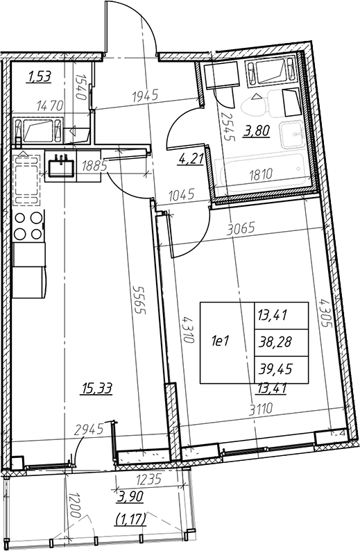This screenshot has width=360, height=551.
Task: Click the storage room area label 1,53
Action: [x=40, y=76]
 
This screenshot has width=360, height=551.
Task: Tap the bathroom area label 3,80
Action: [x=258, y=131]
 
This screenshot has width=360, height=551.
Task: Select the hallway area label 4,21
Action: [x=191, y=159]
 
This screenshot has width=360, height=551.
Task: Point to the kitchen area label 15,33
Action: [x=96, y=389]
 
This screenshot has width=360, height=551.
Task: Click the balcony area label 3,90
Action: [x=131, y=497]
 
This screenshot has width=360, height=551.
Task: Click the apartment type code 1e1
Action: [x=220, y=341]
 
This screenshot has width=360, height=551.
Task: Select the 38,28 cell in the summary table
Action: [x=275, y=342]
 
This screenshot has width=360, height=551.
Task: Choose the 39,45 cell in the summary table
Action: [x=275, y=369]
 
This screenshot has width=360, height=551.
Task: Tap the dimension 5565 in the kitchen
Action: [x=139, y=299]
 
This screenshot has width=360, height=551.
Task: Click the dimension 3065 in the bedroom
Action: [x=241, y=229]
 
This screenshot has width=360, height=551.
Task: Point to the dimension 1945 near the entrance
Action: [x=146, y=95]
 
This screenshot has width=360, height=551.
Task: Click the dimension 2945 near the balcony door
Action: [x=89, y=428]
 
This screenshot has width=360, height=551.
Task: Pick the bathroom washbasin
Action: [x=292, y=135]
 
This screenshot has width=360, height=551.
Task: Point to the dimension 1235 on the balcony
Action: [x=148, y=479]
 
